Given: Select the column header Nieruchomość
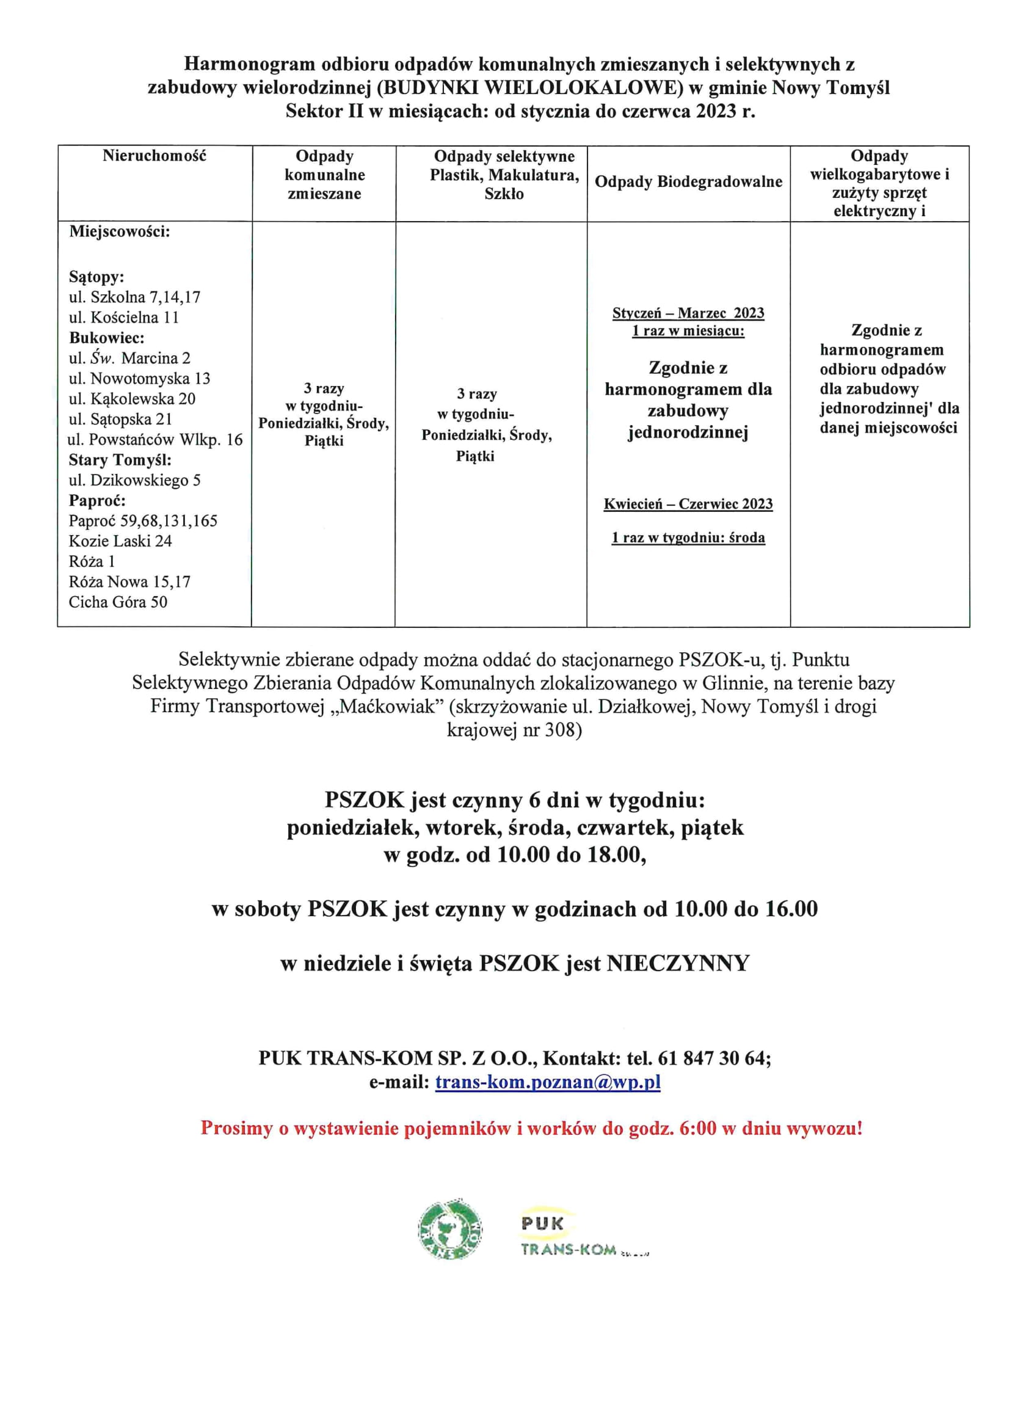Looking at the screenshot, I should [154, 156].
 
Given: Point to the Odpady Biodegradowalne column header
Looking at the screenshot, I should [688, 181].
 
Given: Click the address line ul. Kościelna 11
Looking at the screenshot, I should [124, 317].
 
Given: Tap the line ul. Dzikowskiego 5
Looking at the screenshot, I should [134, 480].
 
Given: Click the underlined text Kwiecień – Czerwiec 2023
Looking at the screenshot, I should [688, 504].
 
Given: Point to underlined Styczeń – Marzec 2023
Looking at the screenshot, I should [688, 313].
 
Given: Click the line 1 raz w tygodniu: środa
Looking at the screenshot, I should [688, 537].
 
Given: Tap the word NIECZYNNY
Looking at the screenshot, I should [678, 963].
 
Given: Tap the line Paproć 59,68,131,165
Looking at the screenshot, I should [143, 520].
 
